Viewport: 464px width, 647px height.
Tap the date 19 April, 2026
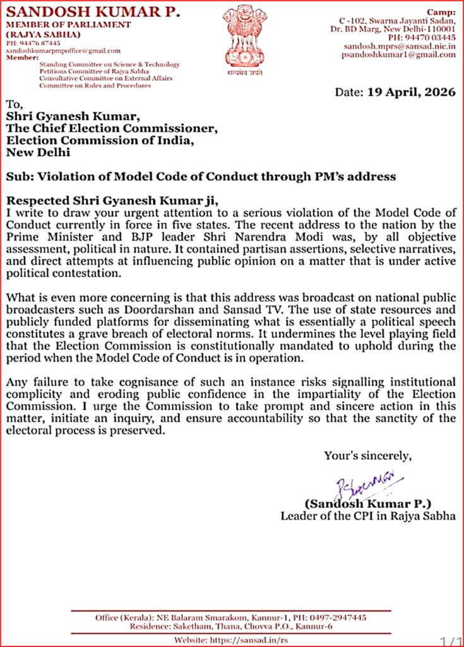click(x=410, y=92)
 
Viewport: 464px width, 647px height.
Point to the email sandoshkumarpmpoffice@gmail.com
click(x=63, y=51)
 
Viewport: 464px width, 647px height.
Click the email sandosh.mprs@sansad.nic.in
click(x=400, y=46)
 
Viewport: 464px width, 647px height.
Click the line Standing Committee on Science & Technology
click(x=110, y=64)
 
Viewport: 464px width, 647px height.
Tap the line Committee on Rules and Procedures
click(x=95, y=85)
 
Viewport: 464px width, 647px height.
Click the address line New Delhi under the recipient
click(x=39, y=152)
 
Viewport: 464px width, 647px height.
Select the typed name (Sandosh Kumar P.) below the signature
click(x=368, y=504)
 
